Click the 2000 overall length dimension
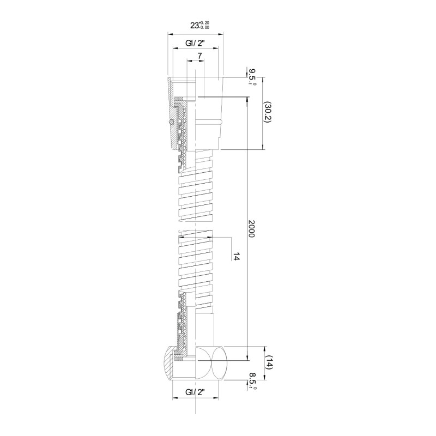click(251, 228)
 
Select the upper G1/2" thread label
click(195, 43)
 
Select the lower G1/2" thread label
click(195, 392)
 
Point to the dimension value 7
click(199, 56)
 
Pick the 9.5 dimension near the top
click(252, 77)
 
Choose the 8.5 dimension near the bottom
click(252, 381)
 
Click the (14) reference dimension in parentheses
click(269, 362)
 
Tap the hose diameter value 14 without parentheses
click(236, 257)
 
